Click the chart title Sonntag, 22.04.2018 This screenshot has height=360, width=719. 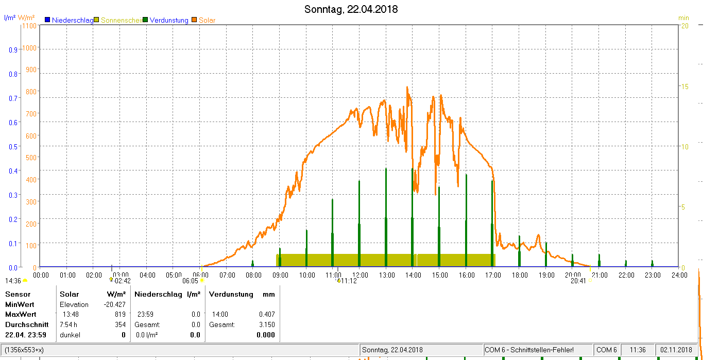(x=351, y=9)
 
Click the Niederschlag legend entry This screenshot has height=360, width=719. (x=70, y=20)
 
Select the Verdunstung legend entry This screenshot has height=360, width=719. (x=166, y=20)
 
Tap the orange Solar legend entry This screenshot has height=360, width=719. (x=203, y=20)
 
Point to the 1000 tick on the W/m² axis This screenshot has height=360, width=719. (x=29, y=48)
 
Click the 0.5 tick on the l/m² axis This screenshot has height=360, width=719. (x=13, y=147)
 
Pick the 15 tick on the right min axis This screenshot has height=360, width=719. (x=684, y=87)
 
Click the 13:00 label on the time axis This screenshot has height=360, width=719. (x=387, y=276)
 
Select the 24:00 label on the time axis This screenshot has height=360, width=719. (x=679, y=276)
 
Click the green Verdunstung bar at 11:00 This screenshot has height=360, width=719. (x=333, y=233)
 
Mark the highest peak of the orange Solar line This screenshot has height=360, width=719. (x=407, y=87)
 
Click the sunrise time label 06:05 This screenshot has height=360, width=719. (x=191, y=281)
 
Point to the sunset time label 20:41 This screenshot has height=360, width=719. (x=578, y=281)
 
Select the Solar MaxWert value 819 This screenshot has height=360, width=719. (x=120, y=315)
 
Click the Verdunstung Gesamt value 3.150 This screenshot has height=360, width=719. (x=267, y=324)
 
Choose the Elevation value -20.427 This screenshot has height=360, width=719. (x=114, y=304)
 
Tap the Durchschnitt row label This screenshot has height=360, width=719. (x=27, y=324)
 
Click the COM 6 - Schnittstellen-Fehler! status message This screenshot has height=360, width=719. (x=529, y=350)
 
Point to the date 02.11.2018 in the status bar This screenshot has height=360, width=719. (x=676, y=350)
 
